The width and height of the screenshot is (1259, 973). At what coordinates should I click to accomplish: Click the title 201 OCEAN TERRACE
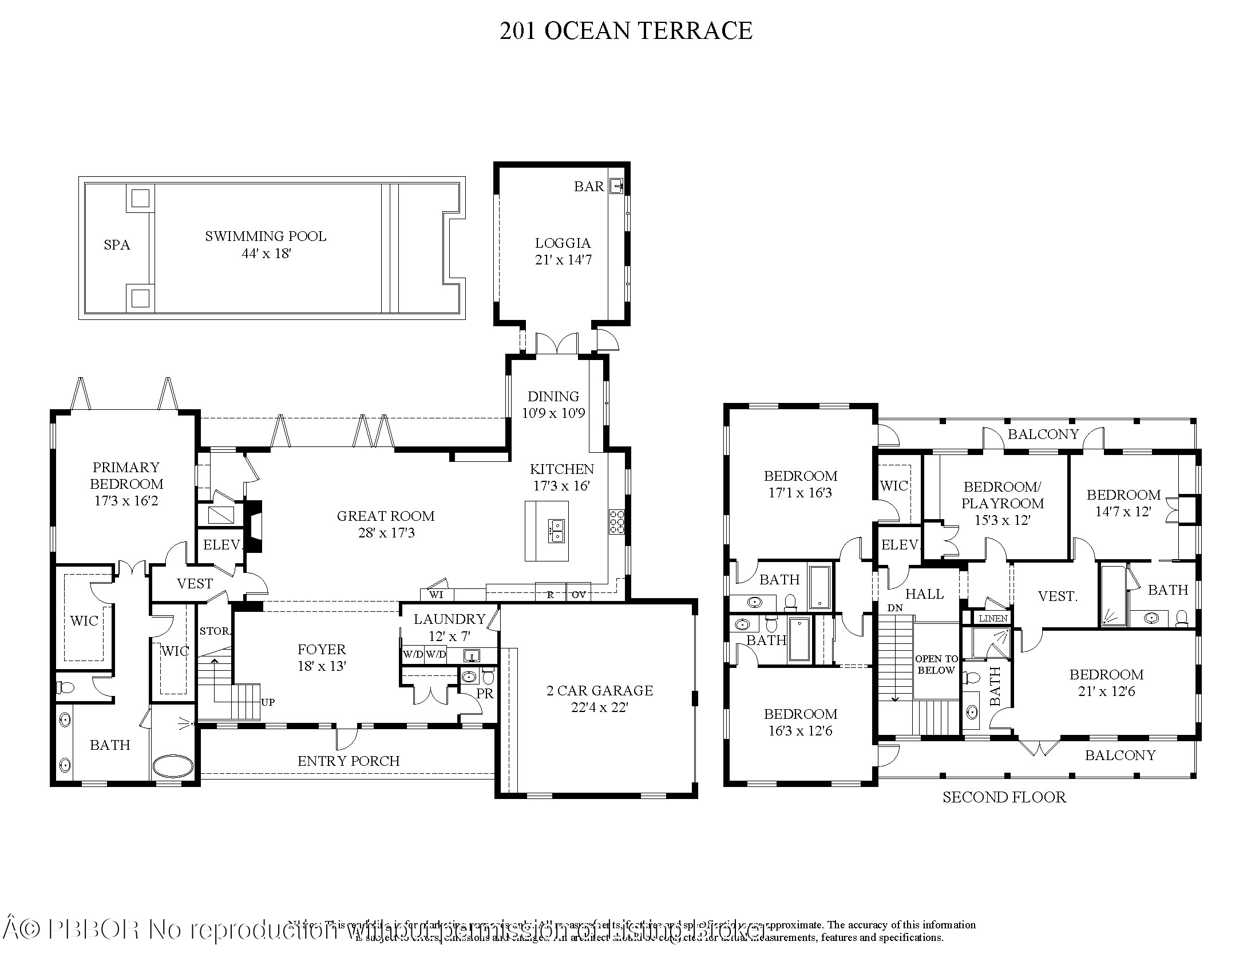[625, 30]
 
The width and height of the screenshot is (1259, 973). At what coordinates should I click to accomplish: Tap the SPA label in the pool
[117, 245]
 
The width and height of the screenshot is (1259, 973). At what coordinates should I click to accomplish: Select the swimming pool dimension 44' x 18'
[266, 254]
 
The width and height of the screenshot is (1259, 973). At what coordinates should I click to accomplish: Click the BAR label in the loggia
[588, 187]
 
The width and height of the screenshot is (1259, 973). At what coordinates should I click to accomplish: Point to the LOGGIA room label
[563, 243]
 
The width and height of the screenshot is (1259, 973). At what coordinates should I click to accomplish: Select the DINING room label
[553, 397]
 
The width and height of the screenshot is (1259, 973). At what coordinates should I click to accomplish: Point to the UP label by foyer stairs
[268, 702]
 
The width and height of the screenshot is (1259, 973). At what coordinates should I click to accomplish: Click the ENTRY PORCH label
[348, 761]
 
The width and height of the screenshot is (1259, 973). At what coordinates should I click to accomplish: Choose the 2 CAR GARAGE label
[600, 691]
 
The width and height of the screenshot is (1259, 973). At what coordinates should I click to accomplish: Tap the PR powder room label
[485, 694]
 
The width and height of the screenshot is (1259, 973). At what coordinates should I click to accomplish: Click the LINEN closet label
[993, 619]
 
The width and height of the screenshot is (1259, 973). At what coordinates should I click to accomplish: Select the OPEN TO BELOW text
[936, 665]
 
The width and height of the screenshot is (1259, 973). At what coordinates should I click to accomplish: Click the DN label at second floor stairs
[895, 608]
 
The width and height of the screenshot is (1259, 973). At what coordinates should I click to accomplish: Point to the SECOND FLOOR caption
[1004, 797]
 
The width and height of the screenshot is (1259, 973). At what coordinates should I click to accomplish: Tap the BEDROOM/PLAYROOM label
[1003, 495]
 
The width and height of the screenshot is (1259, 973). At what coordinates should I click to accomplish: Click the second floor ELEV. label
[900, 545]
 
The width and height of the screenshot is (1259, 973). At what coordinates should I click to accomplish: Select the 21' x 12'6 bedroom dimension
[1106, 692]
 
